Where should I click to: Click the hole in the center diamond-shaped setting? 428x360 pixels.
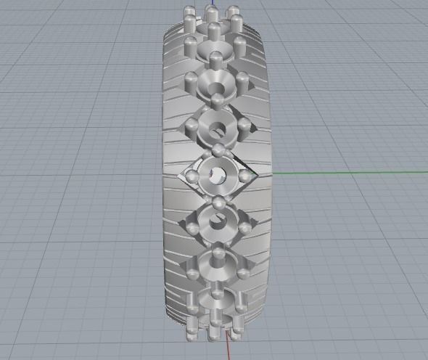coord(218,173)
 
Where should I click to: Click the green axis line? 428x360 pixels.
coord(341,173)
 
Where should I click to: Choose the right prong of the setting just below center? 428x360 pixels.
coord(244,228)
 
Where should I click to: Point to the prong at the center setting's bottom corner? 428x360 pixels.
coord(217,200)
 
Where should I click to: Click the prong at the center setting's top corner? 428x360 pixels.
coord(217,150)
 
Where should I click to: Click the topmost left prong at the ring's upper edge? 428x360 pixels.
coord(190,12)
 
